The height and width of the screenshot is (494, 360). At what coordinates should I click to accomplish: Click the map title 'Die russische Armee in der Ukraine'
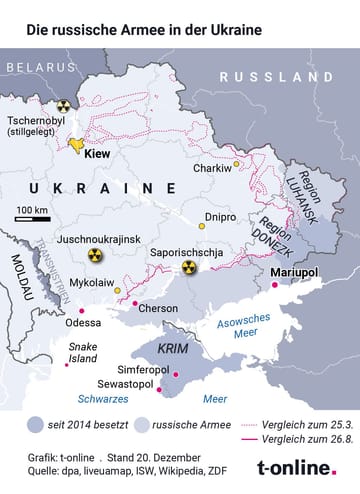[x=145, y=30]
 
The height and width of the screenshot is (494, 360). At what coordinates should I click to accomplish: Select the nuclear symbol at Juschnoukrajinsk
[x=94, y=256]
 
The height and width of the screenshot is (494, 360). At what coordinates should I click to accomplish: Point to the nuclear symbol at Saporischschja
[x=189, y=268]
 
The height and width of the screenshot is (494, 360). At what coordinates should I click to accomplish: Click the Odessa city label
[x=83, y=323]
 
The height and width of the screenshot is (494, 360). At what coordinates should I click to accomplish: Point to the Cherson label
[x=158, y=308]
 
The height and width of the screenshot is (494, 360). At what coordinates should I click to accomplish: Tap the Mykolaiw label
[x=90, y=283]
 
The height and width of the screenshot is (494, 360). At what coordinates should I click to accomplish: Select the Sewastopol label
[x=126, y=383]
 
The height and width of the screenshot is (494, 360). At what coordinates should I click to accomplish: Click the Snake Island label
[x=83, y=352]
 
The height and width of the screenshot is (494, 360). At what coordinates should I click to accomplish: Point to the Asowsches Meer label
[x=243, y=329]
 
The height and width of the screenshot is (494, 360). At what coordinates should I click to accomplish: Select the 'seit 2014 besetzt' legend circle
[x=36, y=423]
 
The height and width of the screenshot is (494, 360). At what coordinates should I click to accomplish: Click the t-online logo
[x=296, y=467]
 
